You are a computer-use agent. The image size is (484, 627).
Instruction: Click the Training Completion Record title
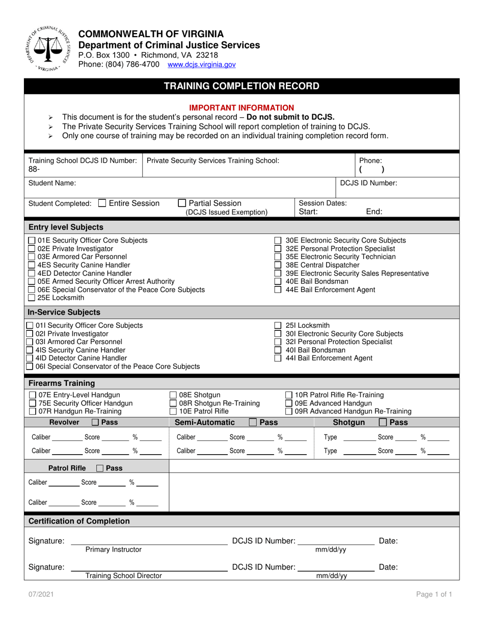click(241, 86)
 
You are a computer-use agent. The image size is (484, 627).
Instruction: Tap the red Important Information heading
click(241, 108)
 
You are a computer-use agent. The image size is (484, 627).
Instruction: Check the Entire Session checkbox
click(102, 203)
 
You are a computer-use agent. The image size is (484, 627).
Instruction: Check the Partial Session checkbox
click(182, 203)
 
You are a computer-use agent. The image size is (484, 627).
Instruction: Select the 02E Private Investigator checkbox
click(32, 249)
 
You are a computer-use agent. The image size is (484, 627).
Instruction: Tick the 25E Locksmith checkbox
click(32, 298)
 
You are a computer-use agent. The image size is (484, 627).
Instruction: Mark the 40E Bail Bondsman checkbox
click(278, 281)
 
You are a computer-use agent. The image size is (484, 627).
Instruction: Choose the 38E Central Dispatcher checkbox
click(278, 265)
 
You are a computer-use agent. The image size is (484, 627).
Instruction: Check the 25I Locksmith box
click(278, 325)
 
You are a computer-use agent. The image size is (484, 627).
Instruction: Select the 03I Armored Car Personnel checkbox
click(32, 342)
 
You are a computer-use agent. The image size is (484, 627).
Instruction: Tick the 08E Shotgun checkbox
click(173, 395)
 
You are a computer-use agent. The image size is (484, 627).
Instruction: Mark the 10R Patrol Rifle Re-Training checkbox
click(289, 395)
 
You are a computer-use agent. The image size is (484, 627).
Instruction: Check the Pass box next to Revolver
click(95, 423)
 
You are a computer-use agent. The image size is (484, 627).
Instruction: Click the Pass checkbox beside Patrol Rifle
click(100, 468)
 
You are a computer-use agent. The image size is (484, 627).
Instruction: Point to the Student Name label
click(52, 182)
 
